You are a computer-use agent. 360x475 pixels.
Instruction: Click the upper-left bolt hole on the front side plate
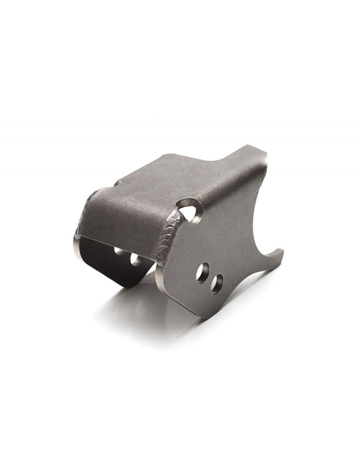point(202,273)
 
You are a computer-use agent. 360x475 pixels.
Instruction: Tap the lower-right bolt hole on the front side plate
point(217,283)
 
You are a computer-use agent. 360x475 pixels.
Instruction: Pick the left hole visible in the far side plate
point(120,251)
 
